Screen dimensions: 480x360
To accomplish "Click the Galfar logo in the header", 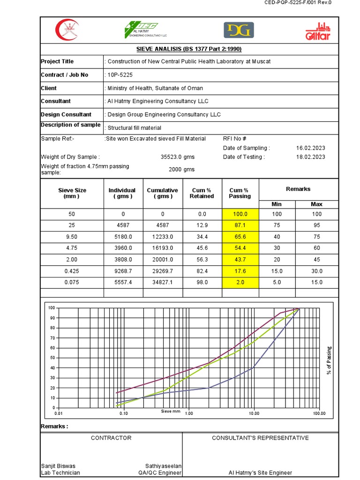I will point(318,30).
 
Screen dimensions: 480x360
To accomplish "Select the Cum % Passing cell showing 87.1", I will point(240,225).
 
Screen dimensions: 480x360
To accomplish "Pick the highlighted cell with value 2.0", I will point(240,282).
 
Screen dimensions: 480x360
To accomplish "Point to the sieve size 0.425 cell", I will point(72,271).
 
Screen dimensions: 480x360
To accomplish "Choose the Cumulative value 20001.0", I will point(163,259).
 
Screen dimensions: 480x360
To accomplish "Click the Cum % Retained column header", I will point(202,193).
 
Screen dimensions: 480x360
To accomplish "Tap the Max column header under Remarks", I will point(316,204).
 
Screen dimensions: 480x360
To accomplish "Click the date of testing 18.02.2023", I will point(310,157).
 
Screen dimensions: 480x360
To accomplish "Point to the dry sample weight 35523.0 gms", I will point(177,157).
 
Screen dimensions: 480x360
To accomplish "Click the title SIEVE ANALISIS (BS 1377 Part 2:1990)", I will point(188,49).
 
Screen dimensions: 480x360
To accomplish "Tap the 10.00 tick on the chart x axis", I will point(254,413).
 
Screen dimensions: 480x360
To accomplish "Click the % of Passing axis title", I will point(329,360).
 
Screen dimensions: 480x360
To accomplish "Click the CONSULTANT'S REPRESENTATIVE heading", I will point(260,438).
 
